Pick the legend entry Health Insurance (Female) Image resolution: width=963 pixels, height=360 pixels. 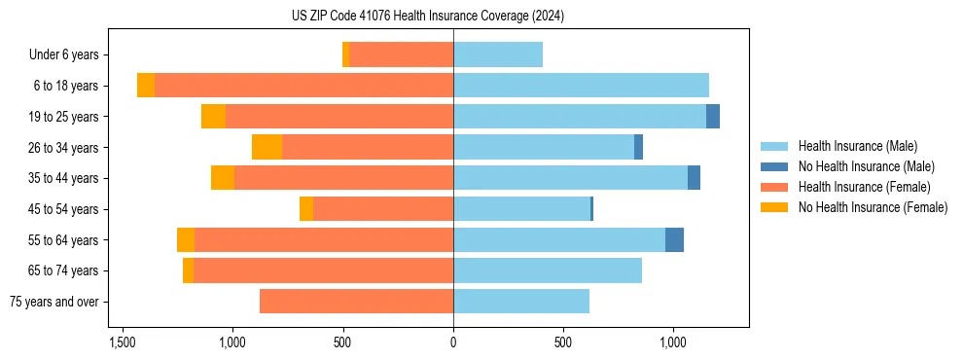click(x=860, y=187)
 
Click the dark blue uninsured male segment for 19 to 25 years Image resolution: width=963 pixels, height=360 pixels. click(x=713, y=117)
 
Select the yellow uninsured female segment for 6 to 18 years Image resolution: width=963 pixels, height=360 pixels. click(x=146, y=86)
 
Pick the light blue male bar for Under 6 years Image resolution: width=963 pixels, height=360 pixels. click(x=498, y=55)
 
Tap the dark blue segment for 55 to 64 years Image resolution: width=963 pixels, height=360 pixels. click(x=674, y=240)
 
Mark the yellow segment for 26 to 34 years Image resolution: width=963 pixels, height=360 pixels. click(x=267, y=147)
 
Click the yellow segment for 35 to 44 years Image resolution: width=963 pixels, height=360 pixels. click(x=223, y=178)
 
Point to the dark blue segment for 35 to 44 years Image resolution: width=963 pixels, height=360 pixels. click(x=694, y=178)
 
